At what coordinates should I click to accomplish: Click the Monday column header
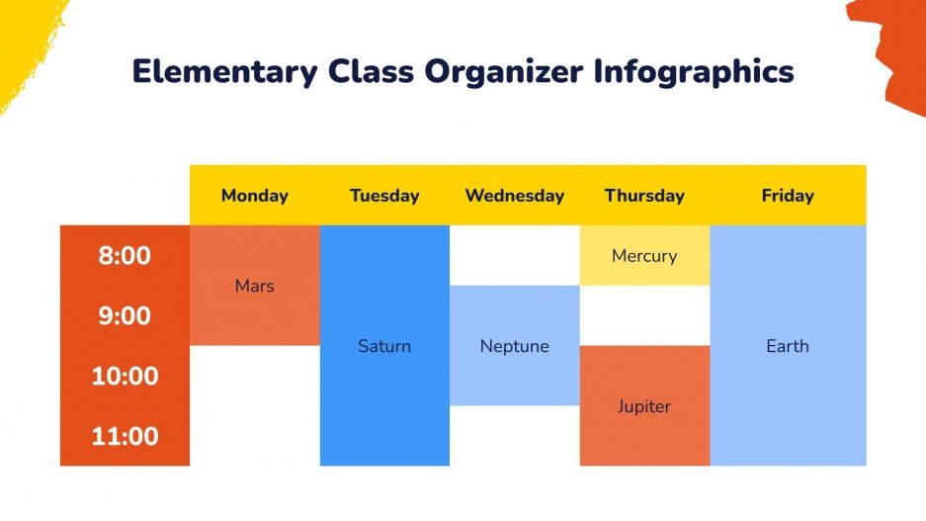(x=255, y=196)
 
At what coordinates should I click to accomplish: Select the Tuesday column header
(x=384, y=196)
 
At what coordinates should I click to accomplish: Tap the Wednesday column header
(x=514, y=196)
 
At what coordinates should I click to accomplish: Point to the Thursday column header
(x=644, y=196)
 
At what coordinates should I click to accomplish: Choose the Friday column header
(x=788, y=196)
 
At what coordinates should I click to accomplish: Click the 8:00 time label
(x=125, y=256)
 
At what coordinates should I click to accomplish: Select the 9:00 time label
(x=125, y=316)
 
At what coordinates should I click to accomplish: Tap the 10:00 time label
(x=125, y=377)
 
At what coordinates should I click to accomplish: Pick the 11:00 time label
(x=125, y=437)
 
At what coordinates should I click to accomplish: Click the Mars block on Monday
(x=255, y=286)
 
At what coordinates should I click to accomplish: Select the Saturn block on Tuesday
(x=384, y=346)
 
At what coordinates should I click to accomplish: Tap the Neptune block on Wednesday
(x=514, y=346)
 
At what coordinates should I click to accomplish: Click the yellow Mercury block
(x=644, y=256)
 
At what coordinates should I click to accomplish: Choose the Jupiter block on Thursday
(x=644, y=406)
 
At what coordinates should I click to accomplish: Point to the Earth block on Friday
(x=788, y=346)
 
